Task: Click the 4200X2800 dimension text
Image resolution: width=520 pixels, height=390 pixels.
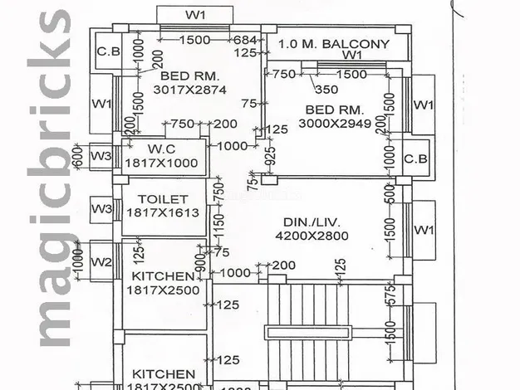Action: (312, 236)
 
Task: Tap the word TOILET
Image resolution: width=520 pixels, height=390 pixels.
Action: (163, 199)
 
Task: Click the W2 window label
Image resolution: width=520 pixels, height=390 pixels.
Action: (101, 262)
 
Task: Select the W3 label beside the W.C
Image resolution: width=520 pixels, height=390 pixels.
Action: (101, 155)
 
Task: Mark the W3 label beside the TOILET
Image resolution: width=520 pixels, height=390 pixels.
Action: (101, 207)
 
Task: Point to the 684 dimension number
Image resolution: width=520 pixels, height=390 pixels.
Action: (246, 41)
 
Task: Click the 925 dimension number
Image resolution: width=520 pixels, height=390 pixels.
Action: (270, 155)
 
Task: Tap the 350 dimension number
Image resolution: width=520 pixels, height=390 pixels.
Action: (326, 90)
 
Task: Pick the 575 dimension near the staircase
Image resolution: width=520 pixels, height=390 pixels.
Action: (388, 292)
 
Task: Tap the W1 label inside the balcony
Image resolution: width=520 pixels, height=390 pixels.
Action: (352, 55)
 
